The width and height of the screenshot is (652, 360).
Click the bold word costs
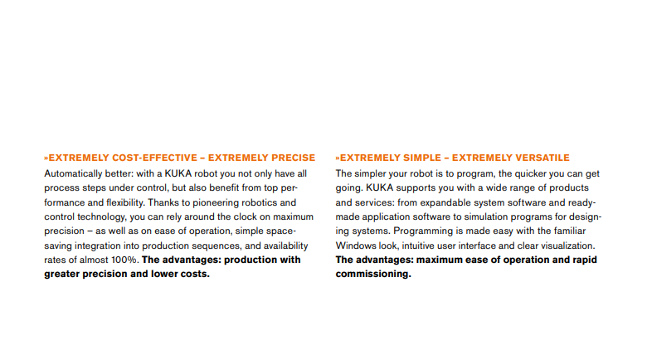(192, 275)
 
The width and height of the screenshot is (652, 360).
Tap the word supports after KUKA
(403, 188)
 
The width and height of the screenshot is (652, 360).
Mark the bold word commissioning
(373, 275)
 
